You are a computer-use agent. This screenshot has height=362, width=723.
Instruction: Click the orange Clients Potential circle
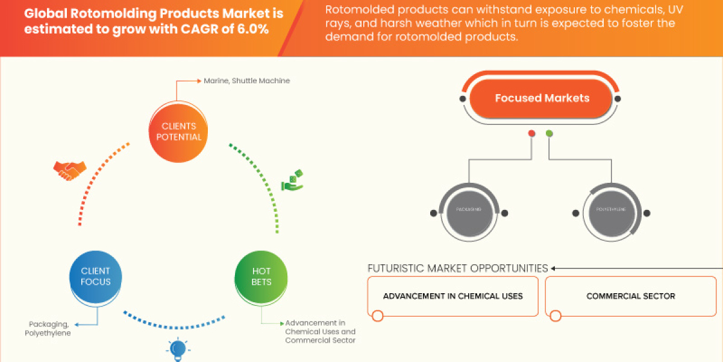(179, 132)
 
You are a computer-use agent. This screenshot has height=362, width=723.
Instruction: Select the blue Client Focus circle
(96, 276)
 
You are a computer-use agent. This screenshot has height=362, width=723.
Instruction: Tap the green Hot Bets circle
(261, 276)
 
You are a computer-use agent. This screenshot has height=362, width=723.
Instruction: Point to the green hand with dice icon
(293, 180)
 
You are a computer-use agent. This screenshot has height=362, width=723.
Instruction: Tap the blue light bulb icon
(178, 349)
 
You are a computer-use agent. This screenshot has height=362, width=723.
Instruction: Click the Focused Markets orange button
(542, 98)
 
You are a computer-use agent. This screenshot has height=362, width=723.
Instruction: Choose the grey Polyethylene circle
(610, 212)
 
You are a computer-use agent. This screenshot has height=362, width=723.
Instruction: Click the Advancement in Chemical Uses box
(452, 296)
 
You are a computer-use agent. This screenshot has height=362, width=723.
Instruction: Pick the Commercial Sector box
(630, 296)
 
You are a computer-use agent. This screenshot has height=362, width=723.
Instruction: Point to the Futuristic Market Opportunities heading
(457, 268)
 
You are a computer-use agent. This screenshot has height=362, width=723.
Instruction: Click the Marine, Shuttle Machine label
(246, 80)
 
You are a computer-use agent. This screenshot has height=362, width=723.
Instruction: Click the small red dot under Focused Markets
(531, 133)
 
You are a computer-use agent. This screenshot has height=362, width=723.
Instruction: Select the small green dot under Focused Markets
(549, 133)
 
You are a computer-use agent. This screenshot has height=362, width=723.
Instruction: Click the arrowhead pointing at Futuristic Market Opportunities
(554, 268)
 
